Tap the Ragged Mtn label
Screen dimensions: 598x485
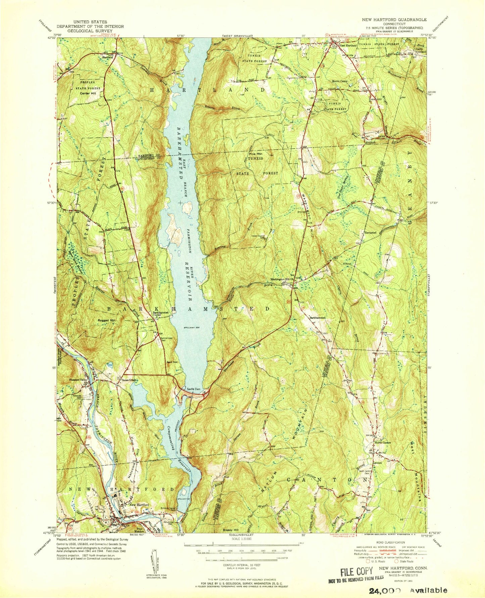(x=106, y=320)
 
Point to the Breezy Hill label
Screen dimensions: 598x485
(x=231, y=530)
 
